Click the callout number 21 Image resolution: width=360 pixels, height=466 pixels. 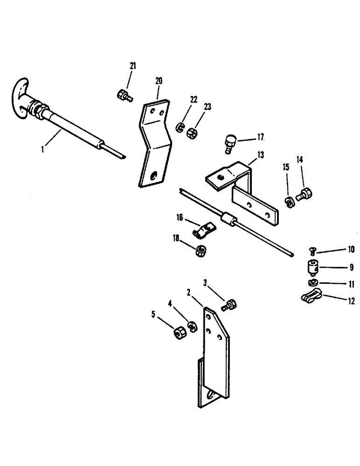[133, 66]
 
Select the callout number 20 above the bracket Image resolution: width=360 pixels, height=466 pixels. [159, 81]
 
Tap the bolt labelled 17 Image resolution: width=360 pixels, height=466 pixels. [230, 141]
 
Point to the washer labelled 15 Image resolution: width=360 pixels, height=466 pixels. [289, 202]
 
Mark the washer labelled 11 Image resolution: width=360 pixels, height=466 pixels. [312, 283]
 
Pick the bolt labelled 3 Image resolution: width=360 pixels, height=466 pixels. [230, 305]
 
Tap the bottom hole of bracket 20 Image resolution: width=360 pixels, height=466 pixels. [154, 175]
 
